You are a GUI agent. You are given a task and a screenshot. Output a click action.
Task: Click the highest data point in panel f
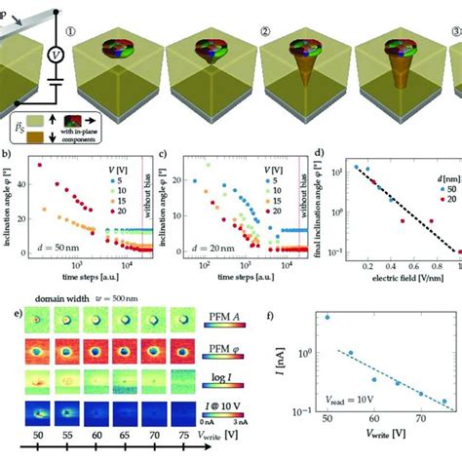pos(327,317)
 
